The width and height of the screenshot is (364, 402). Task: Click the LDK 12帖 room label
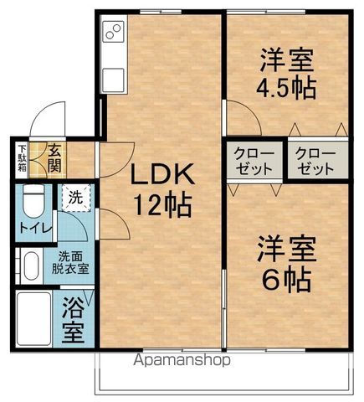(x=161, y=188)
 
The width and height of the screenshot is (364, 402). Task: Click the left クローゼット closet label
(x=251, y=160)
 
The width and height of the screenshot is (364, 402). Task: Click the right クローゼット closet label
(x=315, y=160)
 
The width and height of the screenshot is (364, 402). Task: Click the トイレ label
(x=32, y=226)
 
